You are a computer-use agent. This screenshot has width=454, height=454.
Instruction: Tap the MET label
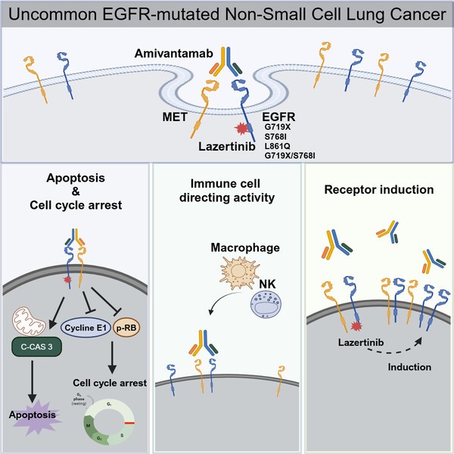coord(173,118)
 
